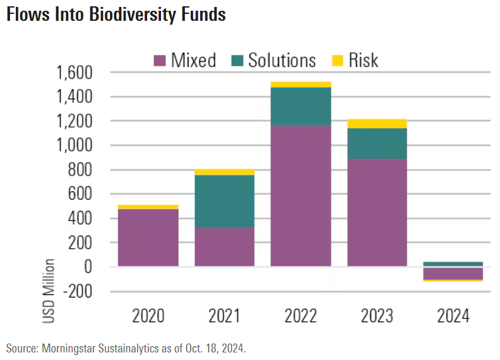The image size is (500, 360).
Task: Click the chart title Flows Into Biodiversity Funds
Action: pos(116,15)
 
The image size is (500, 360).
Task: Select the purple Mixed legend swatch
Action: pos(160,61)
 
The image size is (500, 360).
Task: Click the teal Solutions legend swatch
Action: pos(238,61)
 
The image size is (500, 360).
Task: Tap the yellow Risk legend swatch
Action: pos(338,61)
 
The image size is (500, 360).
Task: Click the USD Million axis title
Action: pos(49,291)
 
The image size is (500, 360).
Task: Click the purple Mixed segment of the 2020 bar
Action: pos(148,237)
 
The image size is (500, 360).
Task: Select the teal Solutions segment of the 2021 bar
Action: pos(224,201)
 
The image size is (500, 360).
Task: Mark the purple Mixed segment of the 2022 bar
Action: pos(301,196)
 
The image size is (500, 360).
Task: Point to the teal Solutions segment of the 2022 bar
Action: pos(301,106)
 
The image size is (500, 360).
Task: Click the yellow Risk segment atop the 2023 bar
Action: pos(377,124)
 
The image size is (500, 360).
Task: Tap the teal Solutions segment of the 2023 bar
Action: pos(377,143)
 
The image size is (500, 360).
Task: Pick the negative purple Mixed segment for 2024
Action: pos(453,273)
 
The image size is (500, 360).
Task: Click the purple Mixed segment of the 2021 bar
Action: pos(224,247)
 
